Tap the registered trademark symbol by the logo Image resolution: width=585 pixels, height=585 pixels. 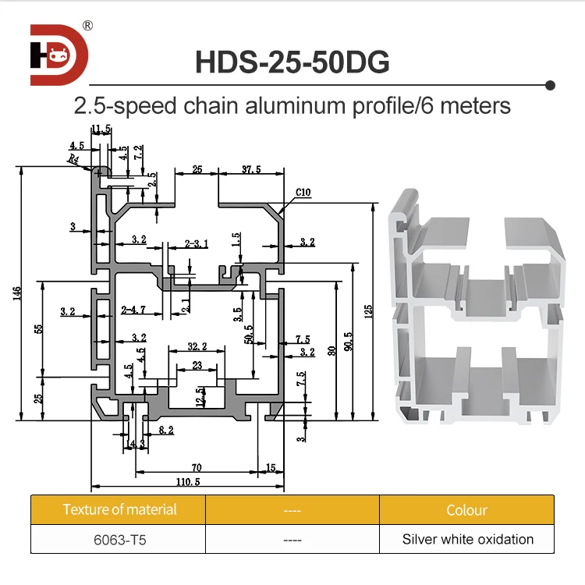click(x=87, y=26)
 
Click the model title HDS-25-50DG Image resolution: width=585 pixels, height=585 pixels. click(x=292, y=62)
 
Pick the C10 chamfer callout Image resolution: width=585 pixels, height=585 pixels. click(x=303, y=192)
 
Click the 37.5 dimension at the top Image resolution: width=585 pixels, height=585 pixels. click(x=250, y=169)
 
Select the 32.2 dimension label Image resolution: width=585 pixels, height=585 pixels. click(x=197, y=346)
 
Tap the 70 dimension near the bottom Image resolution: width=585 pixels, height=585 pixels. click(x=196, y=468)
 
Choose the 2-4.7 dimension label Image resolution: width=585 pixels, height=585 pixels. click(x=134, y=310)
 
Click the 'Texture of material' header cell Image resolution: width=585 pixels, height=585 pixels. click(x=119, y=510)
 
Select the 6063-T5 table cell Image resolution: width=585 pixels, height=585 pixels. click(x=119, y=539)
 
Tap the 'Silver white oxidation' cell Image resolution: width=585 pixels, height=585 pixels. click(x=467, y=539)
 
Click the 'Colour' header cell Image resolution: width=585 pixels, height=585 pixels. click(x=467, y=510)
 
